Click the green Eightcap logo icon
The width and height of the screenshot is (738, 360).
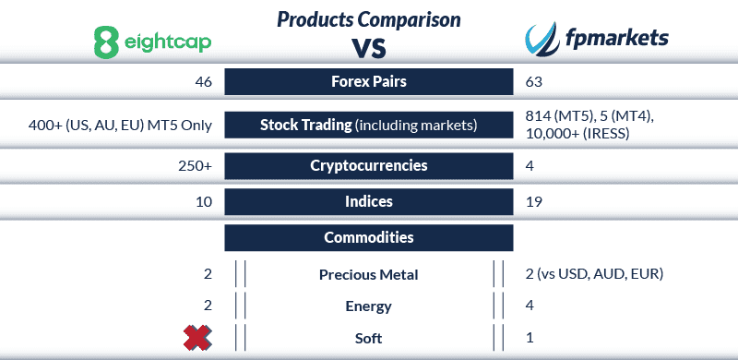pos(108,41)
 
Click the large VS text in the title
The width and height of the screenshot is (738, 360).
pos(369,46)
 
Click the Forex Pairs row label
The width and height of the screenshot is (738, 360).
pos(369,81)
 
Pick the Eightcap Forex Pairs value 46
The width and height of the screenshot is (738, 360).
pos(203,82)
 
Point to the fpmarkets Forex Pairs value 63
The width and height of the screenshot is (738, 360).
pos(533,82)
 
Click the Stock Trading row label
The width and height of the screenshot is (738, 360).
pos(369,125)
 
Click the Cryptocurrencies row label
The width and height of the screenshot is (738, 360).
pos(369,167)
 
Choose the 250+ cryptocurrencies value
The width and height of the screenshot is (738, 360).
pos(195,167)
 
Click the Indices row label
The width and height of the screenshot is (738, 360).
pos(369,201)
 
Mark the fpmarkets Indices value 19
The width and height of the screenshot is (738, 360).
pos(532,201)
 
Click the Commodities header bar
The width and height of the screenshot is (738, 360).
pos(369,237)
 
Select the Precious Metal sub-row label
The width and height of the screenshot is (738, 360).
pos(369,274)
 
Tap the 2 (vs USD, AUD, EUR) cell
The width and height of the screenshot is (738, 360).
pos(593,274)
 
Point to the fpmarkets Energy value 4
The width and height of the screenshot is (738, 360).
pos(530,306)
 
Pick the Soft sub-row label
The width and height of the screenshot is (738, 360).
pos(369,338)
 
